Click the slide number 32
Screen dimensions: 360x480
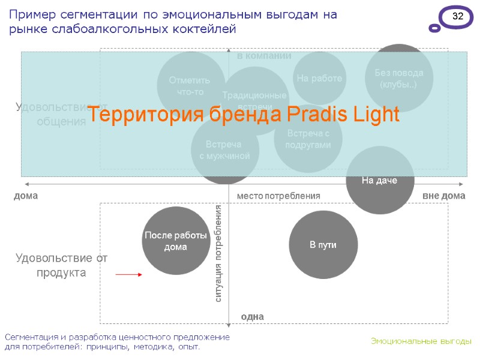pos(457,17)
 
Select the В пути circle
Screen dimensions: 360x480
pos(323,244)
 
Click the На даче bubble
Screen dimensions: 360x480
pos(379,180)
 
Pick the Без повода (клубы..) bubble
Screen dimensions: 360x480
pos(399,78)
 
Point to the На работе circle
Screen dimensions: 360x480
pos(319,78)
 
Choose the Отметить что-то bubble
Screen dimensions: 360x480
pos(191,86)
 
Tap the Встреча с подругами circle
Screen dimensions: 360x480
pos(308,139)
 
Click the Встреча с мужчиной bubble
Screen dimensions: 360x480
pos(224,150)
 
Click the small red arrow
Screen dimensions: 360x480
pos(128,274)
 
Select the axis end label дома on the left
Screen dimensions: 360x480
pos(25,196)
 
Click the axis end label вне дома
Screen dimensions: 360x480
pos(443,196)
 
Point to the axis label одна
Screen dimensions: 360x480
pos(252,316)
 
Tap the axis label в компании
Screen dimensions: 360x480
pos(264,56)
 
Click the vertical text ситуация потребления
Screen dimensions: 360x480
pos(218,253)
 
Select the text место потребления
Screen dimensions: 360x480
pos(278,196)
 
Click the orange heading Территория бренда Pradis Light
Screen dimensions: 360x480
pos(249,114)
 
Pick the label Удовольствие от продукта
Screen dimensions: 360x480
pos(61,265)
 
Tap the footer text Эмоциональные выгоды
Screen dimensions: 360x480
pos(421,341)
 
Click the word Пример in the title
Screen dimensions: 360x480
pos(29,14)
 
